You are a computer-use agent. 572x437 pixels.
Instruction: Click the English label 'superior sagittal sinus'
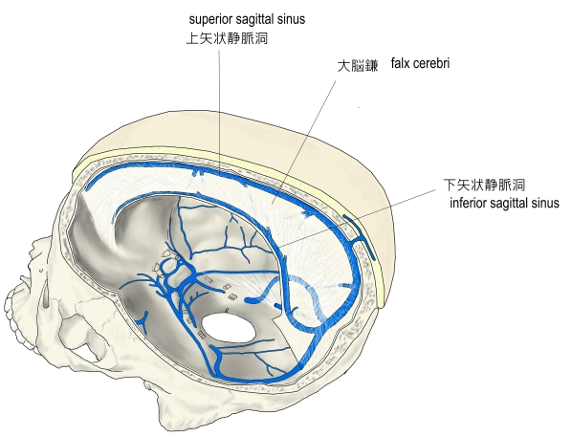point(247,19)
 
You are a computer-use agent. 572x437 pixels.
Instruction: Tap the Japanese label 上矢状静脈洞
point(227,38)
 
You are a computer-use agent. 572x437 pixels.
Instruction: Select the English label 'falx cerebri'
point(420,63)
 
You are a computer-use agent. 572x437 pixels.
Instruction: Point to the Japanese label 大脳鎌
point(358,66)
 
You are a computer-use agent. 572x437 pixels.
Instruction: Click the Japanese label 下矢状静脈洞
point(484,185)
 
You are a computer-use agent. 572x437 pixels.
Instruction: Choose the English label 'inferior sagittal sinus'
point(504,203)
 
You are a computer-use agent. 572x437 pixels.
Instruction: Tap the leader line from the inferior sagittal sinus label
point(357,218)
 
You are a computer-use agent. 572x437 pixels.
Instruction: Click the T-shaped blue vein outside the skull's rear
point(361,237)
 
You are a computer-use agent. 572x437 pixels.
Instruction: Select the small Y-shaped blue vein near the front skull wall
point(143,320)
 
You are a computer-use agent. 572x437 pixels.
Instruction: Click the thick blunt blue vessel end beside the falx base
point(251,300)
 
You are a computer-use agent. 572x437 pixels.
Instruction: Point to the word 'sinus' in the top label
point(293,19)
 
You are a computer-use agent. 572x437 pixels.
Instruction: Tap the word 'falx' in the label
point(400,63)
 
